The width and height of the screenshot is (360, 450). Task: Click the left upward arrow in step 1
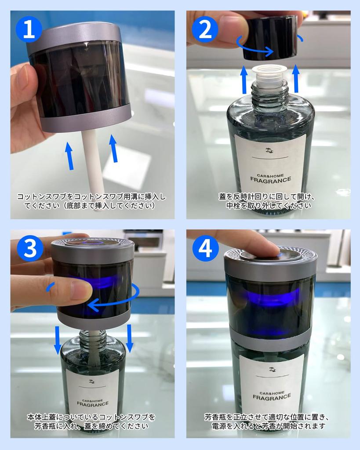[69, 155]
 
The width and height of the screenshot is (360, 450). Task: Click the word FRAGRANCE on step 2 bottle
[270, 179]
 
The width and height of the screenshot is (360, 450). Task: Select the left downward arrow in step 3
[58, 339]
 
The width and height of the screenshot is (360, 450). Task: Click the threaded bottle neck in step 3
[93, 340]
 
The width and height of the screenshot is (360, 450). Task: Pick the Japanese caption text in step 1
[91, 201]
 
